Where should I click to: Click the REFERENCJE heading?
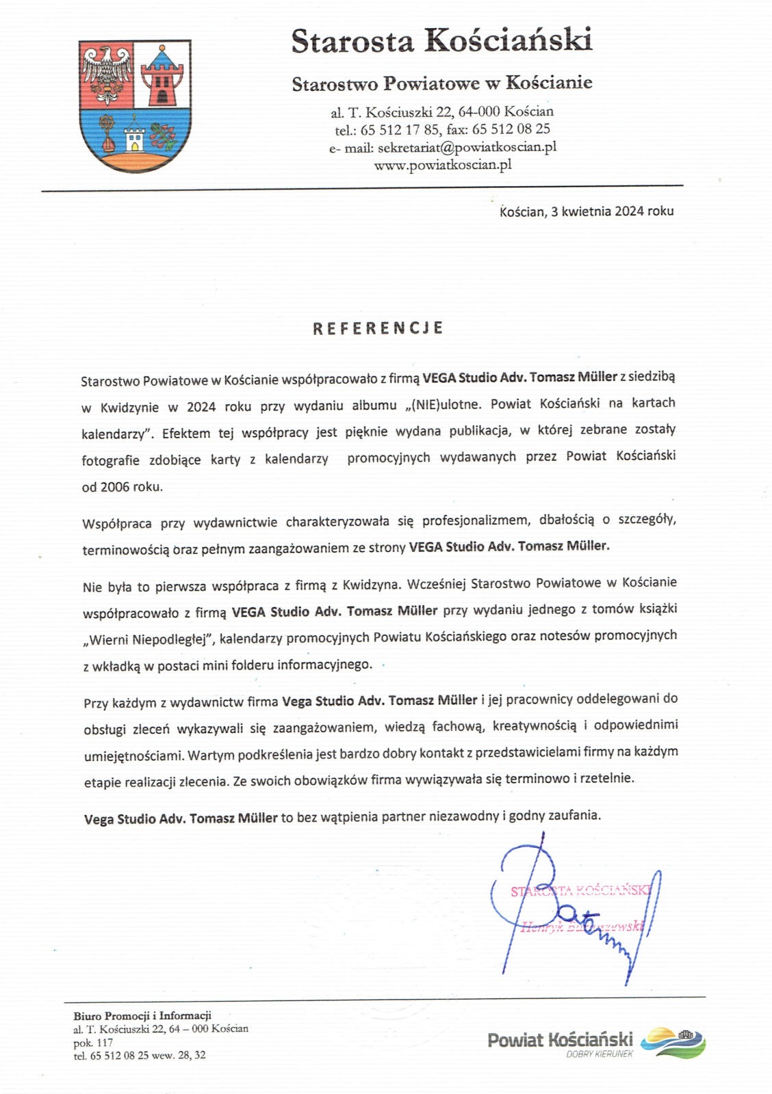378,328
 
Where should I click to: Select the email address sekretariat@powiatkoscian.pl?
467,147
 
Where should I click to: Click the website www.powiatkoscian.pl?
443,165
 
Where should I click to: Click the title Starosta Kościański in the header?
441,41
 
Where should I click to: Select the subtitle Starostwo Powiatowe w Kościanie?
442,83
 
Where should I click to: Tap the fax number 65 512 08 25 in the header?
511,129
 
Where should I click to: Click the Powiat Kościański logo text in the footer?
560,1040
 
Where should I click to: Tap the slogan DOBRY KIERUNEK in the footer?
599,1054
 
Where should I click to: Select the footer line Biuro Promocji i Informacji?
142,1015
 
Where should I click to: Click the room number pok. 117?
93,1043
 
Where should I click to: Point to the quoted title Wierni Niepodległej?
150,639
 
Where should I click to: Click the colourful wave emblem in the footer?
673,1041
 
